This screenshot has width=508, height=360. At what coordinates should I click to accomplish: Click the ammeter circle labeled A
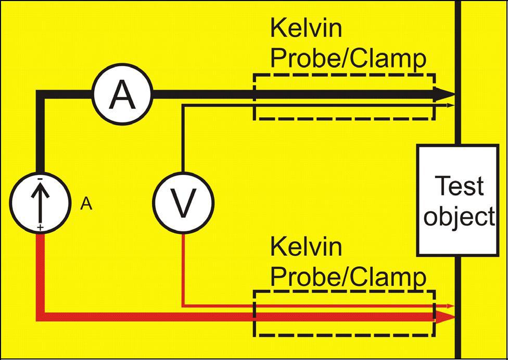[122, 95]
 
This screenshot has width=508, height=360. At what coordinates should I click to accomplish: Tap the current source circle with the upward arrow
[40, 203]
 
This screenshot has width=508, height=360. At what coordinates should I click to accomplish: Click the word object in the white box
[458, 215]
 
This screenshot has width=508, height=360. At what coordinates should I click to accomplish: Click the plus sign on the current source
[40, 228]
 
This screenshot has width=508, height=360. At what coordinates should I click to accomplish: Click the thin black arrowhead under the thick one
[450, 105]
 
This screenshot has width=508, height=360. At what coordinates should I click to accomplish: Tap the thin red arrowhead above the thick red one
[450, 306]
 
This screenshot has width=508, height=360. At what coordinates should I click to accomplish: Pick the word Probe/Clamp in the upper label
[348, 59]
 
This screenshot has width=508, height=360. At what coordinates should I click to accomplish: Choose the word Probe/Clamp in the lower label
[348, 276]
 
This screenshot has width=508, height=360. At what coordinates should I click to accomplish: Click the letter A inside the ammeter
[122, 95]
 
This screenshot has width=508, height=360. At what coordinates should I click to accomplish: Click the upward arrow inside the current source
[40, 201]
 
